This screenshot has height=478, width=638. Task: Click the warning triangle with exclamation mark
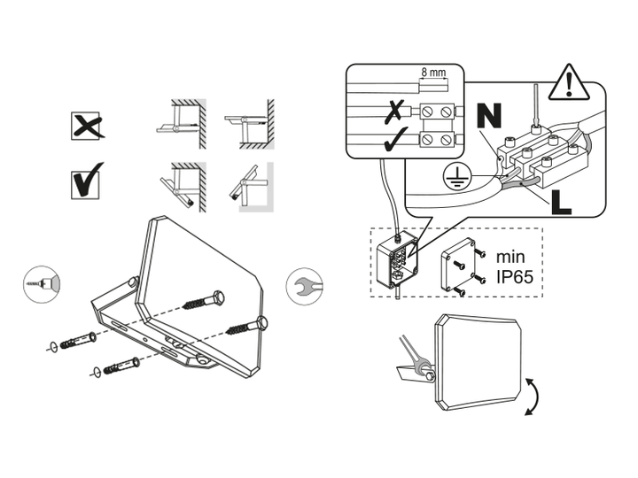pyautogui.click(x=569, y=82)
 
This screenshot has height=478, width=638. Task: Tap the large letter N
pyautogui.click(x=489, y=116)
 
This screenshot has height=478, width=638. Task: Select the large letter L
pyautogui.click(x=562, y=202)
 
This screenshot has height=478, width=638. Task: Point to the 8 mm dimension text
pyautogui.click(x=433, y=73)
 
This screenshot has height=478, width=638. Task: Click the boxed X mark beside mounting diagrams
pyautogui.click(x=86, y=125)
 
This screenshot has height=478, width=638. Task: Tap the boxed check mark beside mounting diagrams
pyautogui.click(x=87, y=181)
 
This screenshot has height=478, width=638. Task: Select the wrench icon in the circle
pyautogui.click(x=304, y=286)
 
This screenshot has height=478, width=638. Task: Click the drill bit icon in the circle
pyautogui.click(x=41, y=284)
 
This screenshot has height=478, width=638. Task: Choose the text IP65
pyautogui.click(x=515, y=277)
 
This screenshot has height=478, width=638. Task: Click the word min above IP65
pyautogui.click(x=510, y=258)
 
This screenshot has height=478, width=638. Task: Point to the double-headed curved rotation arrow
pyautogui.click(x=534, y=397)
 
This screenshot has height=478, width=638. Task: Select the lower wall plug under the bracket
pyautogui.click(x=121, y=366)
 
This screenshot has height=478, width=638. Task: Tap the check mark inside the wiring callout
pyautogui.click(x=396, y=140)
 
